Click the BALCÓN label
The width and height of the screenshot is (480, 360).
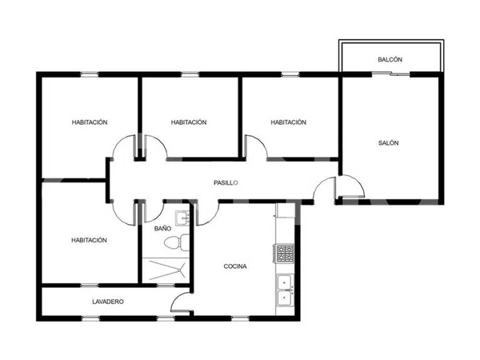click(390, 59)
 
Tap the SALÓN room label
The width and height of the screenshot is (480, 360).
click(388, 142)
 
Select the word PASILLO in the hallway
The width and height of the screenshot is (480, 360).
click(226, 182)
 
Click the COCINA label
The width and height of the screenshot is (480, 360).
click(235, 266)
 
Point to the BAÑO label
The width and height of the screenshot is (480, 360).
click(162, 228)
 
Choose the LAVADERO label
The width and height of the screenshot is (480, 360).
click(108, 302)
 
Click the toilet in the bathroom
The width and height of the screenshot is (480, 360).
click(177, 242)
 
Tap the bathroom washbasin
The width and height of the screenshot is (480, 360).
click(182, 218)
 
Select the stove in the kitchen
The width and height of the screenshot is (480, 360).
click(285, 253)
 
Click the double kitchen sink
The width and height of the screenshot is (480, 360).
click(285, 290)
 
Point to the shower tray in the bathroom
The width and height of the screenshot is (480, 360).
click(166, 270)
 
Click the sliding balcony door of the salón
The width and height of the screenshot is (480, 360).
click(390, 74)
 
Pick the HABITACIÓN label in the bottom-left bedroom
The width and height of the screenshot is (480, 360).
click(89, 240)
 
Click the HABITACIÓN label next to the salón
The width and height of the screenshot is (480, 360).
click(288, 122)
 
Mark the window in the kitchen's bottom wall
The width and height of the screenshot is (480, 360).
click(240, 318)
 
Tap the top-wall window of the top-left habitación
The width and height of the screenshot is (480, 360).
click(90, 74)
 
